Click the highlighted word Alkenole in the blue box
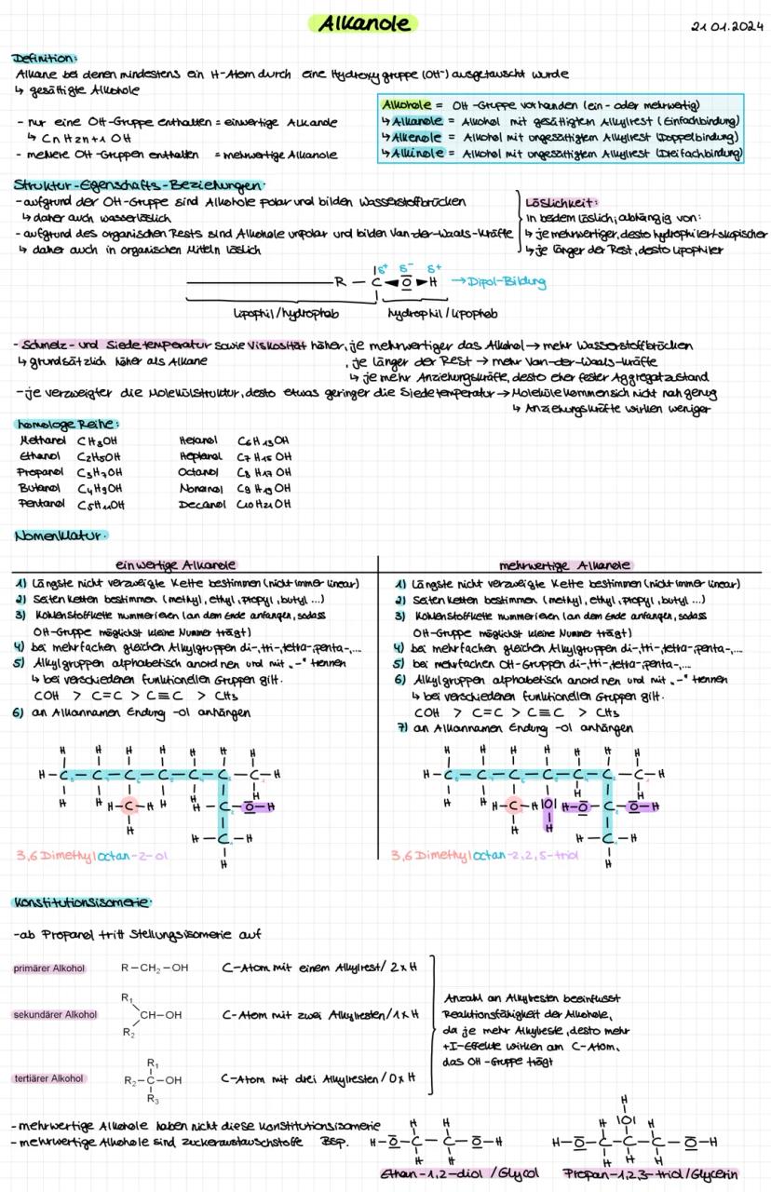coord(411,137)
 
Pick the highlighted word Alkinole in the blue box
coord(411,152)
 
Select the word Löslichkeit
coord(554,202)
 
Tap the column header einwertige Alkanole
coord(175,564)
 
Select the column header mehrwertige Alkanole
coord(565,564)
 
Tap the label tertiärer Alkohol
coord(49,1078)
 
